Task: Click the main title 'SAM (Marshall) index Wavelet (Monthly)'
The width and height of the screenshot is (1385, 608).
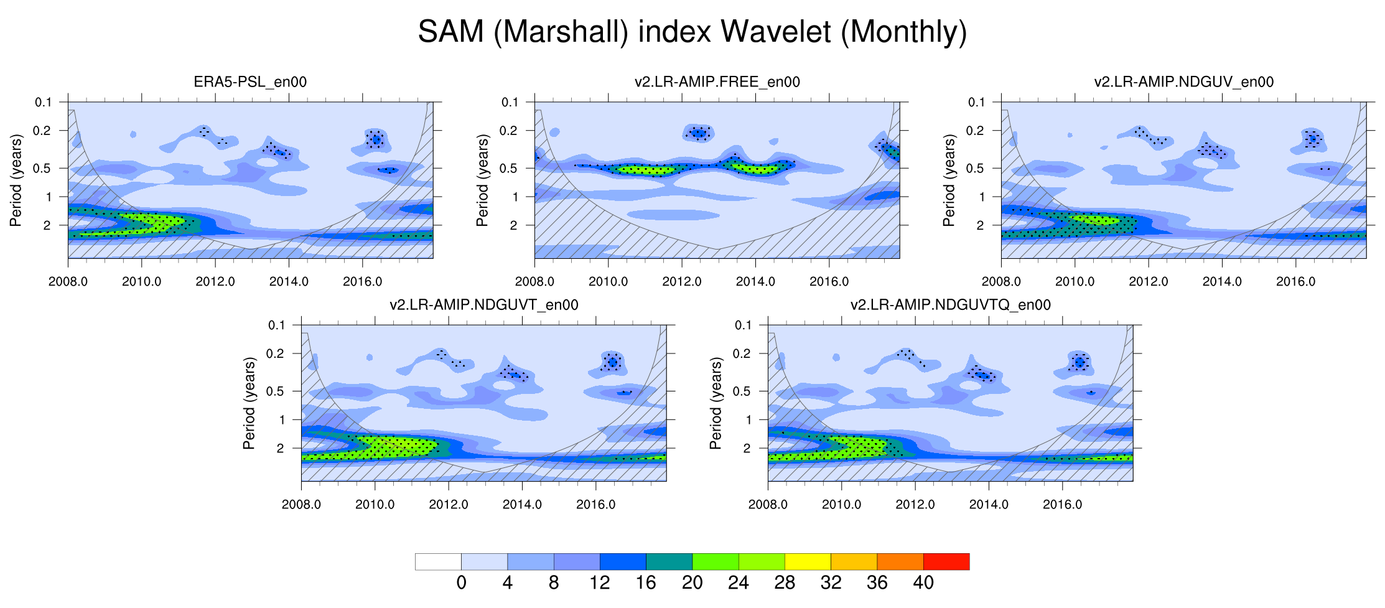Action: coord(692,32)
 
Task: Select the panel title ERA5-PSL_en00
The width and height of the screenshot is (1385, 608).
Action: coord(250,82)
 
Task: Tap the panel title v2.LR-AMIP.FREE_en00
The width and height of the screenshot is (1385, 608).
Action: coord(717,82)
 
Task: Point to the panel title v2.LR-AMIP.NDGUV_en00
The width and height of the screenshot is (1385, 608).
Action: coord(1183,82)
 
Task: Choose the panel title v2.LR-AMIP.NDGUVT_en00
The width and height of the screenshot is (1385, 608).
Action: coord(483,305)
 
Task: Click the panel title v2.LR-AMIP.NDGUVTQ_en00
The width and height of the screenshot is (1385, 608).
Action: coord(950,305)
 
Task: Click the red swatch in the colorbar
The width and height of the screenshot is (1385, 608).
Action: coord(946,561)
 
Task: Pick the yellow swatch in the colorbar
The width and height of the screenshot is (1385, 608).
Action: coord(808,561)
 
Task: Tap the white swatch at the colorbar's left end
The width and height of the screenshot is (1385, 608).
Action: coord(438,561)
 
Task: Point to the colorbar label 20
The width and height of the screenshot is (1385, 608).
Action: coord(692,583)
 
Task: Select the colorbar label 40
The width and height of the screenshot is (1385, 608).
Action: coord(923,583)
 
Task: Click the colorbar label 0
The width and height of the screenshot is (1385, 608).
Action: coord(461,583)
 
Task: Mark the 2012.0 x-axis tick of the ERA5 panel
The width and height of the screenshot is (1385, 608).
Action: coord(215,281)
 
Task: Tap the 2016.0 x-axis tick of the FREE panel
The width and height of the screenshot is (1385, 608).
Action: coord(829,281)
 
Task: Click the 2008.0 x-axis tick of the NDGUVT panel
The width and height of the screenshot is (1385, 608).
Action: coord(301,505)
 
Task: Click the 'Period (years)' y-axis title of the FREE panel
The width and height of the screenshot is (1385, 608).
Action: coord(482,180)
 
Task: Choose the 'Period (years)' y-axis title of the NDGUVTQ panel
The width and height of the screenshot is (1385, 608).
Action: coord(716,403)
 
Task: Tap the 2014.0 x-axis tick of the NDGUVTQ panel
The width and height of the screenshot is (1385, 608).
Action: coord(989,505)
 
